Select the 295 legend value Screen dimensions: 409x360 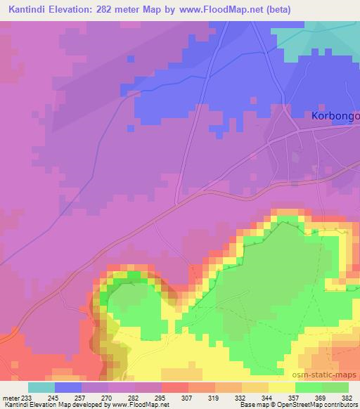pos(160,398)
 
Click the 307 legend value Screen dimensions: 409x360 pos(188,398)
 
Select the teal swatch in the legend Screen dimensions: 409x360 pos(41,387)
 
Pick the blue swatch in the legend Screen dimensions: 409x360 pos(68,387)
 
